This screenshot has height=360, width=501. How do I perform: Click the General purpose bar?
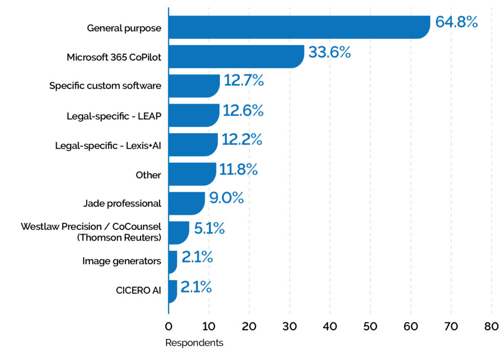[x=298, y=27]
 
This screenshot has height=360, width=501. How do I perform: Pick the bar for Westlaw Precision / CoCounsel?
[x=178, y=232]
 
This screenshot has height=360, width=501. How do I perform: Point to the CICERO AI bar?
[x=172, y=291]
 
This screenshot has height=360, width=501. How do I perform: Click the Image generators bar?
[x=172, y=262]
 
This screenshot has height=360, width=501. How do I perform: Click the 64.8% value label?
[x=456, y=22]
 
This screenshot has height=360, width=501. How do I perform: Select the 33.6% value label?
[x=329, y=52]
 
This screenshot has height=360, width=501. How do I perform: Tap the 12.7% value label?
[x=244, y=81]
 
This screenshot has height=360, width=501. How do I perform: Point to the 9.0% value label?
[x=226, y=198]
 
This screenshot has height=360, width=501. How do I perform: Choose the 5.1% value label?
[x=209, y=227]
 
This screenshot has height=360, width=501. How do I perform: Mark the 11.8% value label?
[x=238, y=169]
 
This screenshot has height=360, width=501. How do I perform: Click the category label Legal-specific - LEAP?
[x=114, y=116]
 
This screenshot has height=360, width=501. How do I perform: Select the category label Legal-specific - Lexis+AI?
[x=108, y=145]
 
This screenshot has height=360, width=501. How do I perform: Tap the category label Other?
[x=148, y=175]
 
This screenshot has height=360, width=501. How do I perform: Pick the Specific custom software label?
[x=105, y=86]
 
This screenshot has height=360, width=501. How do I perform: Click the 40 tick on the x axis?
[x=330, y=326]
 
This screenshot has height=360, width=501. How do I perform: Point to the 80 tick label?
[x=491, y=326]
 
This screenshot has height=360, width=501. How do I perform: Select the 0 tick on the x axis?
[x=168, y=326]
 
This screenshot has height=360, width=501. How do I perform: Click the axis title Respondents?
[x=194, y=343]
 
